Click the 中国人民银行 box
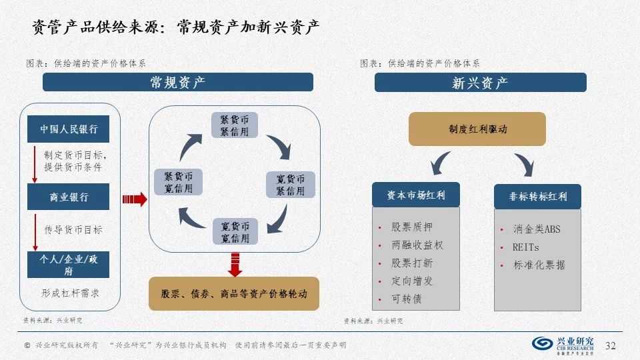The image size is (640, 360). (x=68, y=129)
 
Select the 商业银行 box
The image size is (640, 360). (x=68, y=197)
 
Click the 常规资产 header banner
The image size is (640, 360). (x=177, y=83)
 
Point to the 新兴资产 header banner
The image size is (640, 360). (x=480, y=83)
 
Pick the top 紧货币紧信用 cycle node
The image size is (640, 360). (x=235, y=125)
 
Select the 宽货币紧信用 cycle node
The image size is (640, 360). (x=290, y=185)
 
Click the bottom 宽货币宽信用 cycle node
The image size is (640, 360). (x=235, y=231)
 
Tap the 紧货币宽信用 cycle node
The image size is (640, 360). (x=178, y=182)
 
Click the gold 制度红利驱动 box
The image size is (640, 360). (x=477, y=129)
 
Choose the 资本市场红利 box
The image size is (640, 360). (x=416, y=196)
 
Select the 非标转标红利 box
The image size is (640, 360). (x=537, y=197)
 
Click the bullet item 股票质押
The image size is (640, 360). (x=412, y=227)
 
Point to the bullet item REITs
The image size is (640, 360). (x=526, y=247)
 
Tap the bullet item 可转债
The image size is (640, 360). (x=407, y=299)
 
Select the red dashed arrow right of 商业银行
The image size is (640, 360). (x=134, y=198)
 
